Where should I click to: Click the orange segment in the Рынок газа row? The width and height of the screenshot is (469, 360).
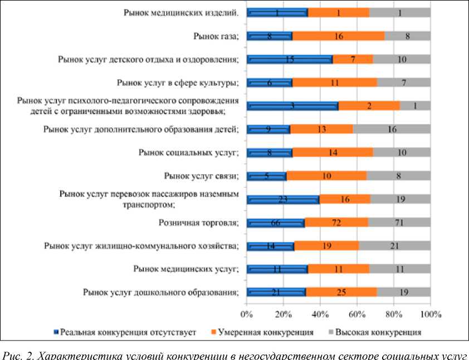338,36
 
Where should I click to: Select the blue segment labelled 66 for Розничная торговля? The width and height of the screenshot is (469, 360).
276,223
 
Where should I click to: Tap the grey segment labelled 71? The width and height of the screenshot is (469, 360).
399,223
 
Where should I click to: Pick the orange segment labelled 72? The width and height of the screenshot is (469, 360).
336,223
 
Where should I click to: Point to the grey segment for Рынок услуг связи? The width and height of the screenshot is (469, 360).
398,176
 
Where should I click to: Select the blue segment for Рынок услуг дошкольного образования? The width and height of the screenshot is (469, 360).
276,293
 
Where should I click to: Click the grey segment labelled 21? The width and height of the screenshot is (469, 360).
394,246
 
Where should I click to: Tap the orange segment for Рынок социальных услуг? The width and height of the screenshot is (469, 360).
333,152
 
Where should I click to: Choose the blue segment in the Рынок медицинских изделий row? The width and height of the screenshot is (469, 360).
277,12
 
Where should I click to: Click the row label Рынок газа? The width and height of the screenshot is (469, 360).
216,36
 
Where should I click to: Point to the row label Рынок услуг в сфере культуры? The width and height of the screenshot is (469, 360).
178,83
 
